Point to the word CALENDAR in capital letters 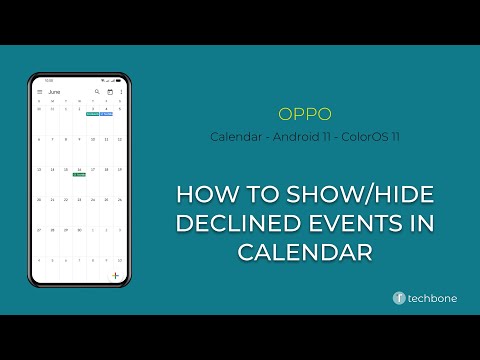[x=305, y=252]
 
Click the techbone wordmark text [x=435, y=298]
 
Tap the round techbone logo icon [x=399, y=298]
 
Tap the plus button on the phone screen [x=116, y=274]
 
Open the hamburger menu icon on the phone [x=40, y=92]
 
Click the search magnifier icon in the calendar [x=97, y=92]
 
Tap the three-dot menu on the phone [x=122, y=92]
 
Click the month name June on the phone [x=55, y=92]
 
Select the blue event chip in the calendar [x=106, y=114]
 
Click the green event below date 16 [x=79, y=175]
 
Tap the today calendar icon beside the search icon [x=110, y=92]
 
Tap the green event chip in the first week [x=92, y=114]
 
